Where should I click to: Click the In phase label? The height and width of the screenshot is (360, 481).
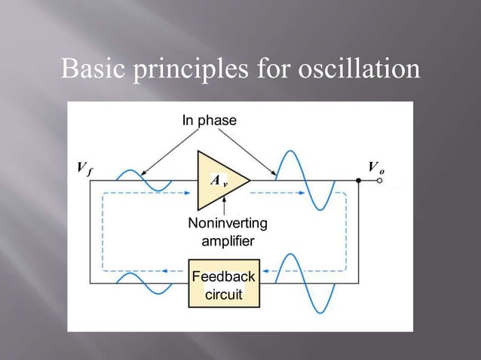pyautogui.click(x=209, y=121)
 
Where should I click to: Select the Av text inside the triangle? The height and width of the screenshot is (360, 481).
pyautogui.click(x=218, y=181)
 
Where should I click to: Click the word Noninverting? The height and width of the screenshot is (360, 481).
pyautogui.click(x=227, y=224)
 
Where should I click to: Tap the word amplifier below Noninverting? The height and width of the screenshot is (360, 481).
pyautogui.click(x=227, y=241)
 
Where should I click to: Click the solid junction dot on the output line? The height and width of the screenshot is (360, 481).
pyautogui.click(x=357, y=181)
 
